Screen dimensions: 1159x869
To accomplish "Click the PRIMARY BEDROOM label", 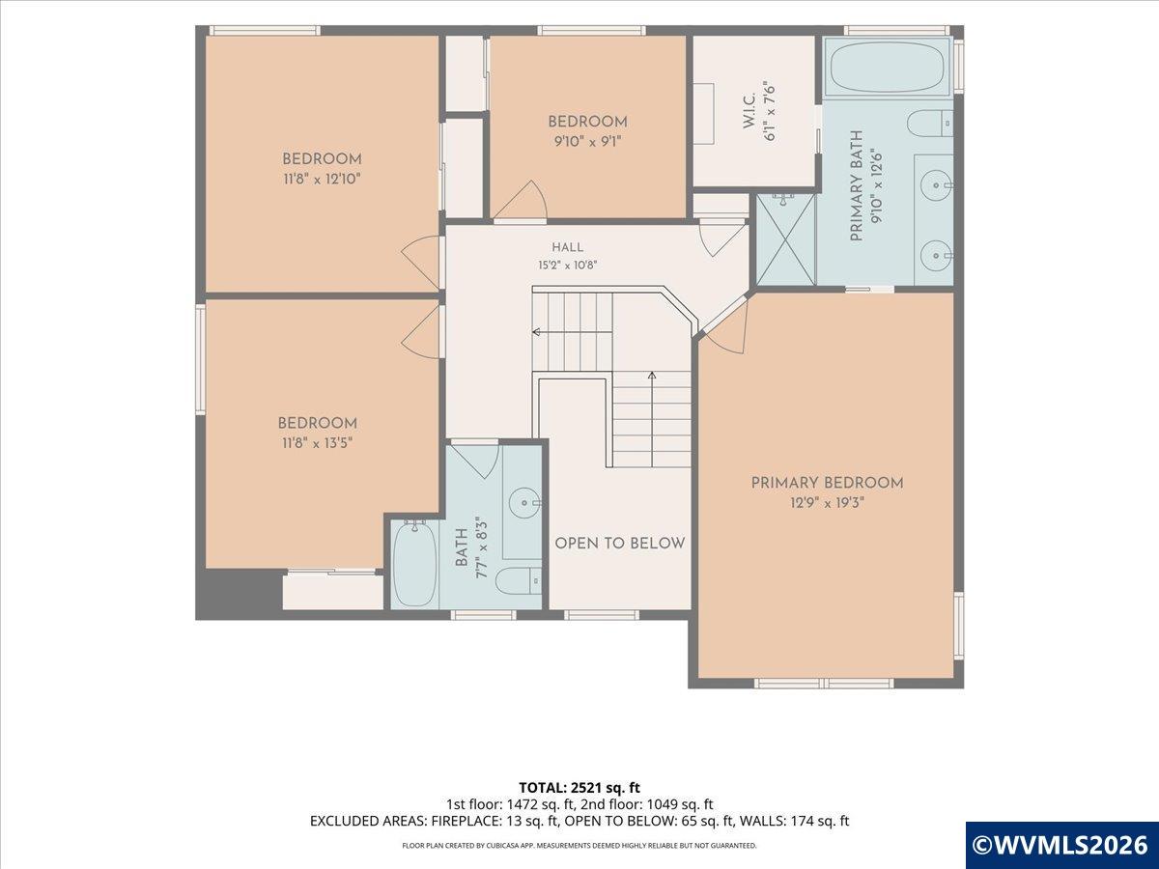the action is (x=827, y=483).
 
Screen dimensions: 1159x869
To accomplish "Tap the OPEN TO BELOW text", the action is (x=620, y=544).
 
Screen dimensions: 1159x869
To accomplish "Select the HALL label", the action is (x=568, y=247).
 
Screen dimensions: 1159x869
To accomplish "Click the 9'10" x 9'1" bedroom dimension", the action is (x=587, y=141).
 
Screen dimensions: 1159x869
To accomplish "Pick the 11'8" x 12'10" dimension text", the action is (x=322, y=179).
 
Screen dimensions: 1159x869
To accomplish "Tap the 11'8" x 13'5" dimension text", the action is (x=318, y=442).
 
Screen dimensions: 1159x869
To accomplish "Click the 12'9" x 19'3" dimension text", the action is (x=827, y=503).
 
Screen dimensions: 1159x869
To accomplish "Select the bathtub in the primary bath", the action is (x=887, y=68).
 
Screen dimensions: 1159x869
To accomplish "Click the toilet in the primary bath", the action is (x=930, y=124).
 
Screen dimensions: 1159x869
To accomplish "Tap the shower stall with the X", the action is (x=786, y=239).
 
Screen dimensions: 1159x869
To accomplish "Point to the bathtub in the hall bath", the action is (x=415, y=564).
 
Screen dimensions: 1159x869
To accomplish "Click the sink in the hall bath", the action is (x=524, y=502).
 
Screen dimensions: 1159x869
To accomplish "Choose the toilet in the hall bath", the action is (x=519, y=581).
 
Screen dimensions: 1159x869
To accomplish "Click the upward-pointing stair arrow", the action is (x=652, y=419).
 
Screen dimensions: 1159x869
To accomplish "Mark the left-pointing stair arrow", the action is (x=573, y=332).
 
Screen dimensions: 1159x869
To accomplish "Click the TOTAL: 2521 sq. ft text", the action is (x=579, y=803).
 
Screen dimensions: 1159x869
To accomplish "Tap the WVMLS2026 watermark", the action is (x=1061, y=845).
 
